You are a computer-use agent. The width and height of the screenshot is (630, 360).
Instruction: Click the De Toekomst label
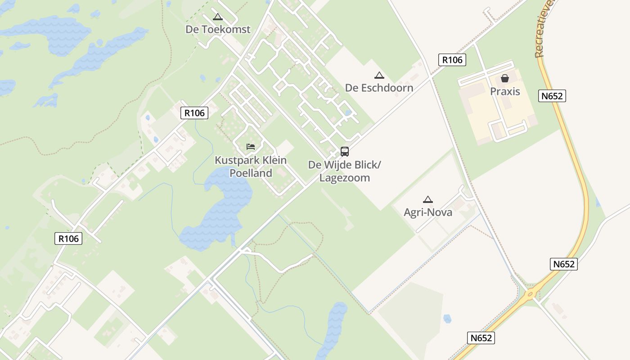pos(218,29)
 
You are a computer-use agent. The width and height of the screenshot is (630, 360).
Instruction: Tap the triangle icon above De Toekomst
pos(218,18)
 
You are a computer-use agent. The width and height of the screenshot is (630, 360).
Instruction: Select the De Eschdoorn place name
pos(379,88)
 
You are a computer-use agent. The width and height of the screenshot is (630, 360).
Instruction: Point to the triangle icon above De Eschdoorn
pos(379,76)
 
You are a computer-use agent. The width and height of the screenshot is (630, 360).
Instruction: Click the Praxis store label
pos(505,91)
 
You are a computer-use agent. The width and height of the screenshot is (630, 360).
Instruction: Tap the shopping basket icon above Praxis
pos(505,78)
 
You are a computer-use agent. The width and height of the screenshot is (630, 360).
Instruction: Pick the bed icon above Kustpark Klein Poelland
pos(251,147)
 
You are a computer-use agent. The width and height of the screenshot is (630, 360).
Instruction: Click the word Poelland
pos(251,173)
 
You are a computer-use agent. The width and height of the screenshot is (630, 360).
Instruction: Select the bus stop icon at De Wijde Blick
pos(345,152)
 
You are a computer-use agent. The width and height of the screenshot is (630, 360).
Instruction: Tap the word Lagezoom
pos(345,178)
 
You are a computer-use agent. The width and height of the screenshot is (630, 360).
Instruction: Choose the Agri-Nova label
pos(428,212)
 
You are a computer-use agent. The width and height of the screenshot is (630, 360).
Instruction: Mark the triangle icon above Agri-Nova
pos(428,200)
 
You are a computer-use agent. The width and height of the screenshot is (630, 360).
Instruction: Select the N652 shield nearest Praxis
pos(552,96)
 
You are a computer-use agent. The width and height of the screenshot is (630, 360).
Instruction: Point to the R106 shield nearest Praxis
pos(452,60)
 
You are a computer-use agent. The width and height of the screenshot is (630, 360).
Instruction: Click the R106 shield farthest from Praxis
pos(69,238)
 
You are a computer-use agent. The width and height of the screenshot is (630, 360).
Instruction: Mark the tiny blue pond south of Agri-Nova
pos(447,319)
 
